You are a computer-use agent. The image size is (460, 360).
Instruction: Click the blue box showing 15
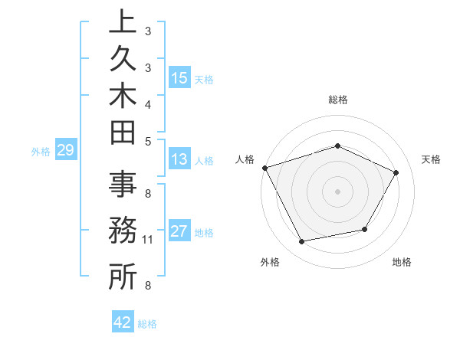click(179, 77)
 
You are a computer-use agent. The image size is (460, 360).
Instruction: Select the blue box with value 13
click(179, 159)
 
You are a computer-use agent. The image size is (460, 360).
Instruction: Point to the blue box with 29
click(65, 150)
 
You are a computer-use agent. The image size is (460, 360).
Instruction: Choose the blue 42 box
click(122, 322)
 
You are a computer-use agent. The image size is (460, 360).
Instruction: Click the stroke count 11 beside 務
click(147, 240)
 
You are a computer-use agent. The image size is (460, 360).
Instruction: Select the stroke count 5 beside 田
click(147, 140)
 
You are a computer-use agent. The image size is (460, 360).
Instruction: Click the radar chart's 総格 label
click(337, 100)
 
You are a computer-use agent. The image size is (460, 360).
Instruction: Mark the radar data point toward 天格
click(396, 172)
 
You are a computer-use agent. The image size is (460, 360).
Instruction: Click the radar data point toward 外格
click(301, 242)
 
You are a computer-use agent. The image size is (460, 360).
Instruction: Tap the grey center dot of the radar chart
click(337, 191)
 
